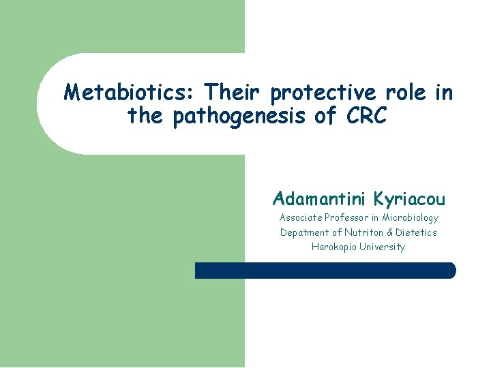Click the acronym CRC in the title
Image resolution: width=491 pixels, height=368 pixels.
coord(366,117)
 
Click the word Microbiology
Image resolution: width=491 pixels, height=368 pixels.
coord(410,218)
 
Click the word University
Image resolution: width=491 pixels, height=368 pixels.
coord(383,247)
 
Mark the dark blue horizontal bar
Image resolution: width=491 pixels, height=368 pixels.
coord(325,271)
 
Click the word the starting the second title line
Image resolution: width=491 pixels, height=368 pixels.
coord(145,117)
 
